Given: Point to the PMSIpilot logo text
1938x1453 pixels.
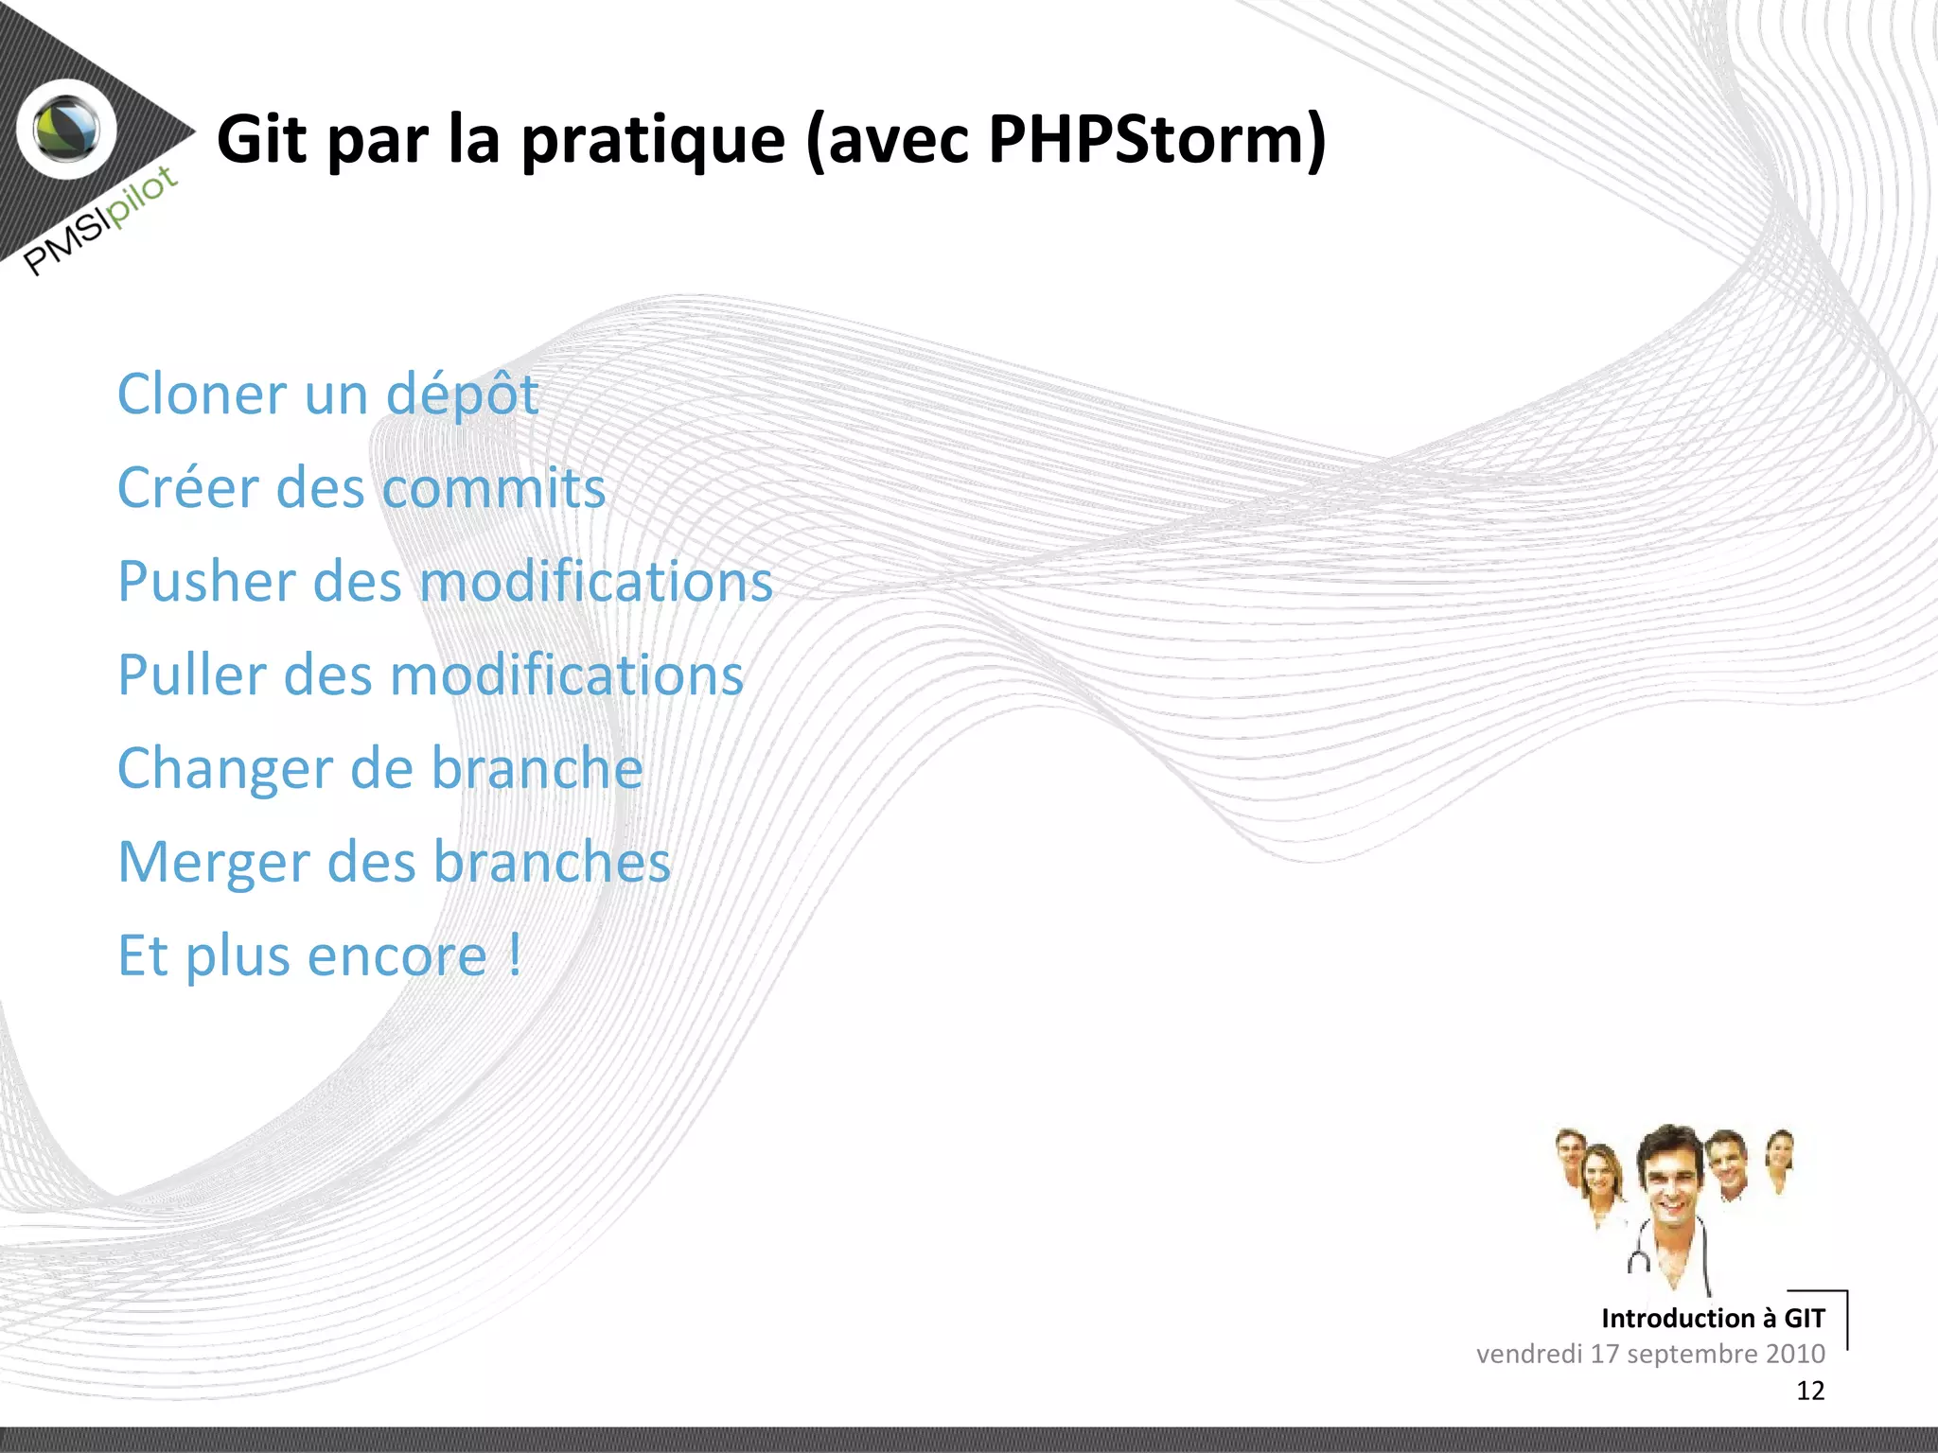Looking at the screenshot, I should pos(100,220).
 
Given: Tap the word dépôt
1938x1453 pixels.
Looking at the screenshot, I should pos(463,395).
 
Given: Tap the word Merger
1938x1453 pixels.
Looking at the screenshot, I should pos(214,864).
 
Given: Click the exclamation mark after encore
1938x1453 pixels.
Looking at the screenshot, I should pos(515,955).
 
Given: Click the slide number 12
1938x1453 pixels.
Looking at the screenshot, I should pos(1809,1391).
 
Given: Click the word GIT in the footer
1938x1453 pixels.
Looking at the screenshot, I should pos(1804,1318).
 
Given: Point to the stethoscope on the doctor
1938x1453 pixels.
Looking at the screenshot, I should pos(1640,1258).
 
